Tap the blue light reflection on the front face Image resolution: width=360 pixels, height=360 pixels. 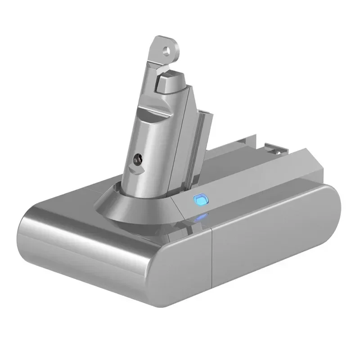coord(202,219)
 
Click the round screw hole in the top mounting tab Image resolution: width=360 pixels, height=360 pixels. coord(169,46)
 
